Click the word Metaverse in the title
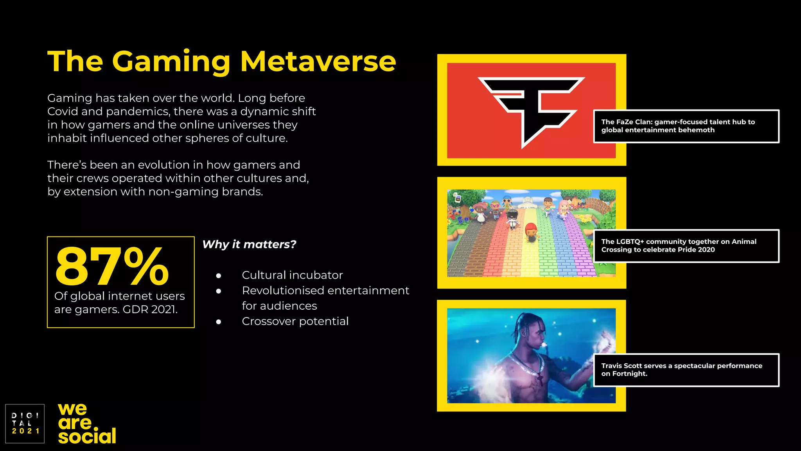pos(318,61)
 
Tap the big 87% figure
pos(112,267)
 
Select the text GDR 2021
pos(150,310)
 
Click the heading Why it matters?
pos(249,244)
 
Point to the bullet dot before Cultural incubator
pos(219,276)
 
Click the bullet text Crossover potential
pos(295,321)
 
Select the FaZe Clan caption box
pos(686,126)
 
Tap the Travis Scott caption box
pos(686,370)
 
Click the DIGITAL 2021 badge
pos(25,424)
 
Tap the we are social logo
pos(87,424)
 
